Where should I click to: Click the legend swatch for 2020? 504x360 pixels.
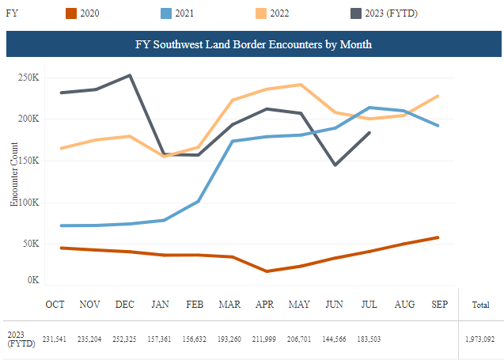(x=71, y=13)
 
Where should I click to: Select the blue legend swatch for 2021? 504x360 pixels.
(x=166, y=13)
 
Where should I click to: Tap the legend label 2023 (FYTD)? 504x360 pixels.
(x=391, y=13)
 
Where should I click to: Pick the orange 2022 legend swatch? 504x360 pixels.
(x=260, y=13)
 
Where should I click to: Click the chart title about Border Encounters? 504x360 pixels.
(x=253, y=44)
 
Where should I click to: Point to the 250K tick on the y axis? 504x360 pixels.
(x=28, y=78)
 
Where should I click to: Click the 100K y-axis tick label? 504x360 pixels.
(x=29, y=203)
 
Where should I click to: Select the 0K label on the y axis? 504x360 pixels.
(x=33, y=280)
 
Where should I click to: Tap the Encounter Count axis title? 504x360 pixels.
(x=13, y=174)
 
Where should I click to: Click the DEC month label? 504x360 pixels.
(x=125, y=305)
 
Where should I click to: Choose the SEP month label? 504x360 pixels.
(x=439, y=305)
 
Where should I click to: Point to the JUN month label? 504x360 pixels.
(x=334, y=305)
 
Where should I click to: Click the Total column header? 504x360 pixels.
(x=480, y=305)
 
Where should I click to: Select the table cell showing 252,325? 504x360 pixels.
(x=124, y=339)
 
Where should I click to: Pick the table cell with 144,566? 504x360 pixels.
(x=334, y=339)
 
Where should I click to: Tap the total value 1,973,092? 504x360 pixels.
(x=480, y=339)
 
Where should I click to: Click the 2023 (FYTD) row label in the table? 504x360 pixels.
(x=21, y=339)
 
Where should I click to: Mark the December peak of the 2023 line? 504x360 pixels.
(x=130, y=75)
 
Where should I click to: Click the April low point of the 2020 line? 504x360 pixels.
(x=267, y=271)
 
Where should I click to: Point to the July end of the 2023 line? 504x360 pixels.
(x=369, y=133)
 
